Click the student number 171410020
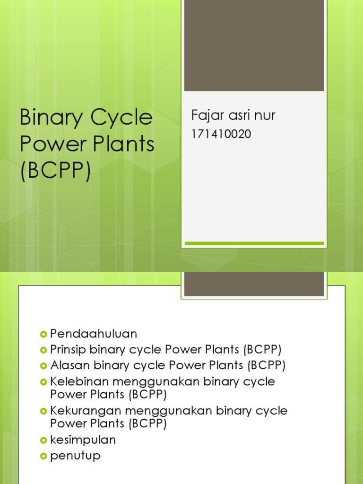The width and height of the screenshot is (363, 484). click(221, 135)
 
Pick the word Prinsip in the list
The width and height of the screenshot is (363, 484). click(68, 350)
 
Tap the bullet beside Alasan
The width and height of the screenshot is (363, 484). click(44, 366)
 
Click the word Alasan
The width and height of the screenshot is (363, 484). click(70, 365)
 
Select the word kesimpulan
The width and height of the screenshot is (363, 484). click(83, 440)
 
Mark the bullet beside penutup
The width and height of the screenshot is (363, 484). click(44, 456)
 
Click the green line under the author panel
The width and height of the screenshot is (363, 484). click(254, 243)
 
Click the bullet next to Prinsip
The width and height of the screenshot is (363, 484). click(44, 350)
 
